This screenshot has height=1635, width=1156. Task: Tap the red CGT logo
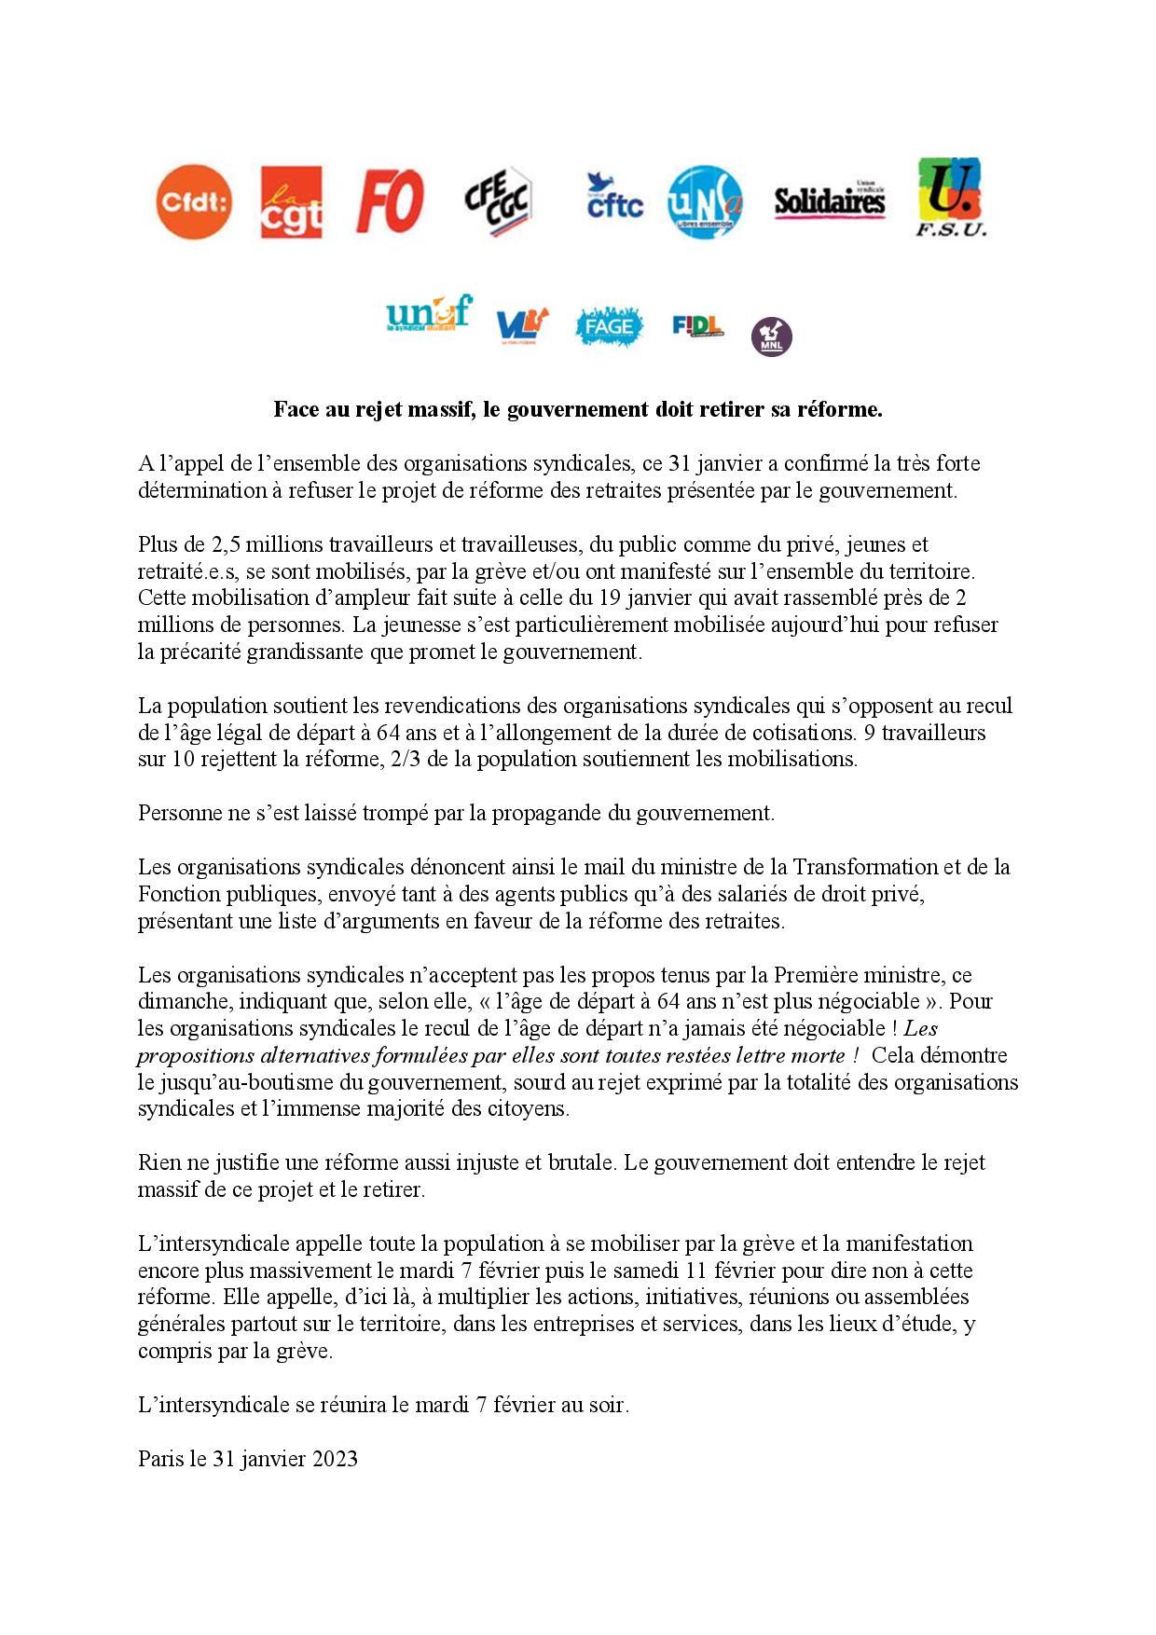coord(292,202)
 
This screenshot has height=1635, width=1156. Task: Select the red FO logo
coord(390,201)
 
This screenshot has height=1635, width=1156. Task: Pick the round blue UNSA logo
coord(706,201)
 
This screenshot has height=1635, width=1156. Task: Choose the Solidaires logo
coord(830,200)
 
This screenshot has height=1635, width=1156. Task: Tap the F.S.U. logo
coord(950,198)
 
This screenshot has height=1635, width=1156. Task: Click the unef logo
coord(429,314)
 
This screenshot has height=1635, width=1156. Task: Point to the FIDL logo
coord(697,325)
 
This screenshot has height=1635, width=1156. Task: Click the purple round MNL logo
coord(772,336)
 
